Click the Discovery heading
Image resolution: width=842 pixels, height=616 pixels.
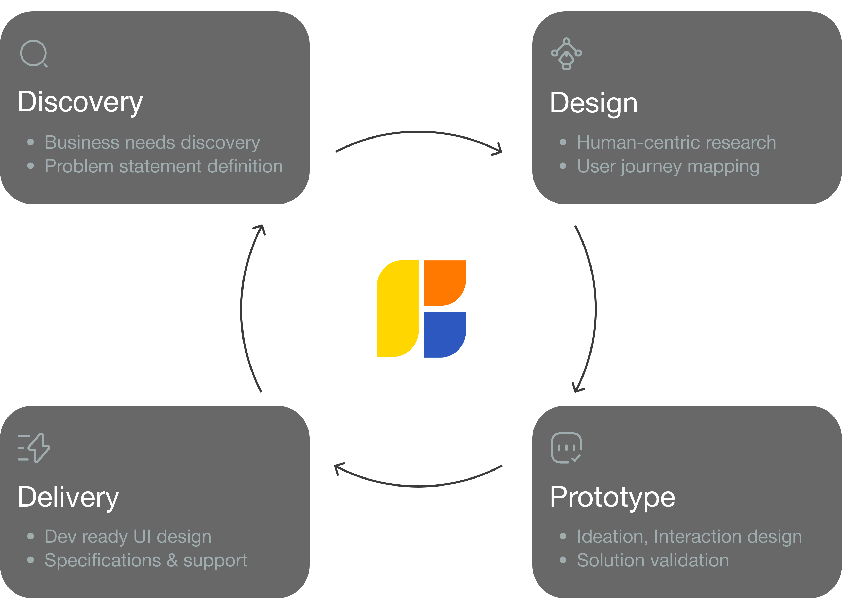(x=80, y=102)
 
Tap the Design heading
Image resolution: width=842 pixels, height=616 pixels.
(x=594, y=103)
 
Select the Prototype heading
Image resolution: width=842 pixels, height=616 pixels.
(x=612, y=497)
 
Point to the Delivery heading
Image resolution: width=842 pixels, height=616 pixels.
(x=68, y=497)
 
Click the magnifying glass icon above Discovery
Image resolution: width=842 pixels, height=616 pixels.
(x=34, y=54)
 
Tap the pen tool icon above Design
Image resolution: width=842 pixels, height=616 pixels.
(x=566, y=54)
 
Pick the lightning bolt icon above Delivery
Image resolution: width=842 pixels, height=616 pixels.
(x=34, y=448)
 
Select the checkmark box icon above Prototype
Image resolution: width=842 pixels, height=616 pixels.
(x=566, y=448)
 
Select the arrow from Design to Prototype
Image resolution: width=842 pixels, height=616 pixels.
(x=595, y=309)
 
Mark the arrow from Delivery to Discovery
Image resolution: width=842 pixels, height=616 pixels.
(x=242, y=309)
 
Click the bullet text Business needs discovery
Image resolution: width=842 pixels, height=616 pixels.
(x=152, y=142)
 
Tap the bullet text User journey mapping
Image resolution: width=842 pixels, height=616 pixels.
(x=668, y=166)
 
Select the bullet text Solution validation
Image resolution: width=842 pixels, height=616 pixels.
(x=653, y=560)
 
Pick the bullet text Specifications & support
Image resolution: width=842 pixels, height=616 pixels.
(x=146, y=560)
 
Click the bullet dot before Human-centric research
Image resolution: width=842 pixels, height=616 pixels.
(x=563, y=142)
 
